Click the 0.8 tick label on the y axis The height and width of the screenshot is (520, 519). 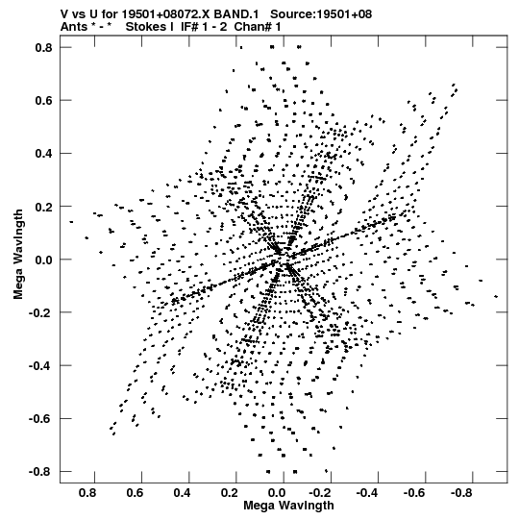[x=43, y=48]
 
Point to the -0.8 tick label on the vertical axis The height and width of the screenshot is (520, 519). [x=40, y=472]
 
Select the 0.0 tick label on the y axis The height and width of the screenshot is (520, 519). [x=43, y=260]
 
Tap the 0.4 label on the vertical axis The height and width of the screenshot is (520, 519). [x=43, y=154]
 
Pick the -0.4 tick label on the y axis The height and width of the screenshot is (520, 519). [x=40, y=366]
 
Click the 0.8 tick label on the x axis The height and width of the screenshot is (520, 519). [x=87, y=493]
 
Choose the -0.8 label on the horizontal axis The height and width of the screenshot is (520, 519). [x=461, y=493]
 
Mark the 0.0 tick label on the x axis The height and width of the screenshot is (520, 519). [x=276, y=493]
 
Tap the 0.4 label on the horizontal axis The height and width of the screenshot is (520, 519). [x=182, y=493]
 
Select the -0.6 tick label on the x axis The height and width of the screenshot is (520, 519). [x=414, y=493]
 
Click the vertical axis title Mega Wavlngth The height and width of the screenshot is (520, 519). [x=18, y=255]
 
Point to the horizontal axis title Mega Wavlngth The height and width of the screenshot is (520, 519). [x=288, y=506]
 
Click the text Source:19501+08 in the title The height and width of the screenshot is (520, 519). [x=321, y=14]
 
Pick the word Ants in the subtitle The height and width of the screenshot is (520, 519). [x=74, y=27]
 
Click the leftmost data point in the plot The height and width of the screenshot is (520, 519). [x=71, y=222]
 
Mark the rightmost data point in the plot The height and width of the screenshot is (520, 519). [x=496, y=296]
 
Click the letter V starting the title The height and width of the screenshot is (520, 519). [x=64, y=14]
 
